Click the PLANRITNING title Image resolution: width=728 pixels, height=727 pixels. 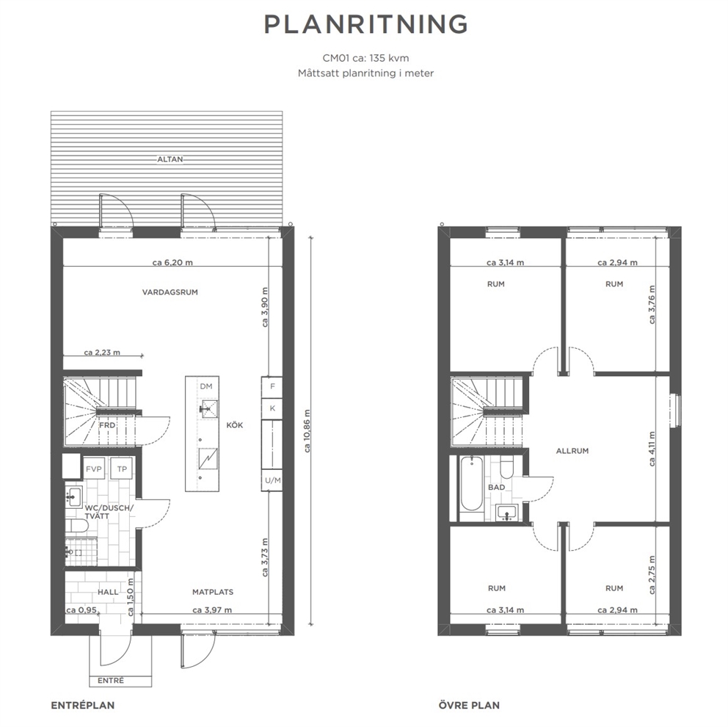pyautogui.click(x=365, y=25)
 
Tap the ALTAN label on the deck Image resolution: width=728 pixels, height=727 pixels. pyautogui.click(x=170, y=159)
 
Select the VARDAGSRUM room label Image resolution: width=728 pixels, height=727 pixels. pyautogui.click(x=170, y=292)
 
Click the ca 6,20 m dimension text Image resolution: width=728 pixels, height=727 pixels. pyautogui.click(x=172, y=262)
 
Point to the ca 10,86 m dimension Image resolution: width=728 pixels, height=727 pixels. pyautogui.click(x=307, y=431)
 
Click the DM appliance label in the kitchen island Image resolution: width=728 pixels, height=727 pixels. pyautogui.click(x=206, y=386)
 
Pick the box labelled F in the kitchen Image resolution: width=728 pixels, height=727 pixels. pyautogui.click(x=272, y=386)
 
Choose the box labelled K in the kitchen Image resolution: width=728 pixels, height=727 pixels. pyautogui.click(x=272, y=408)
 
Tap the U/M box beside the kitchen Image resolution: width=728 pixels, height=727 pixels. pyautogui.click(x=272, y=480)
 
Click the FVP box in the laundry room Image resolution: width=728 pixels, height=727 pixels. pyautogui.click(x=94, y=469)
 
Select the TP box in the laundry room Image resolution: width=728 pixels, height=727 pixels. pyautogui.click(x=122, y=469)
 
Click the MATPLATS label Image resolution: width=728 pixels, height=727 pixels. pyautogui.click(x=213, y=592)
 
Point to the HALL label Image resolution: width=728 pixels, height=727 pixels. pyautogui.click(x=108, y=592)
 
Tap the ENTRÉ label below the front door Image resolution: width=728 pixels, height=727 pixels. pyautogui.click(x=111, y=681)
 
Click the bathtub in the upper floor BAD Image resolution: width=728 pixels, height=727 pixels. pyautogui.click(x=471, y=484)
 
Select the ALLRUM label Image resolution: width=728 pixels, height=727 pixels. pyautogui.click(x=572, y=451)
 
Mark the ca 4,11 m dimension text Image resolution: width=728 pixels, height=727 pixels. pyautogui.click(x=652, y=449)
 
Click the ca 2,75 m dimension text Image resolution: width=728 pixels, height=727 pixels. pyautogui.click(x=652, y=575)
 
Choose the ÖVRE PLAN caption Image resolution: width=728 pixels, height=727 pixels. pyautogui.click(x=469, y=705)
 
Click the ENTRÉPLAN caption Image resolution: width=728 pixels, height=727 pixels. pyautogui.click(x=83, y=705)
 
